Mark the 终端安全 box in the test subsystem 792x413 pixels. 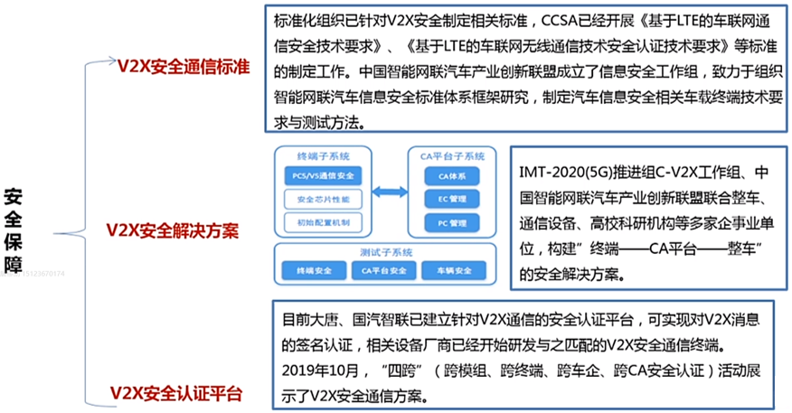[312, 269]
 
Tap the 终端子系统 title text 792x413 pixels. [323, 155]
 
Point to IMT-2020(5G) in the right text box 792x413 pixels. [561, 172]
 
